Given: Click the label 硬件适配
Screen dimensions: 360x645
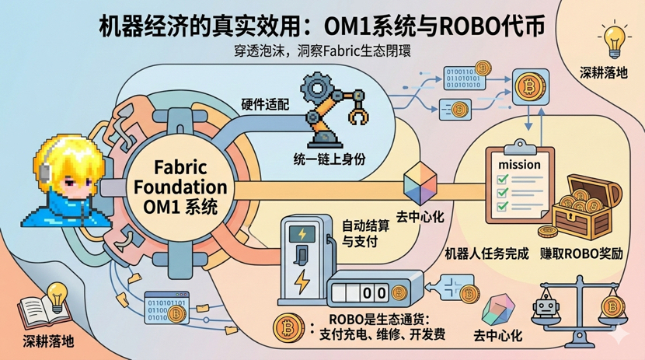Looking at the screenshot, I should (x=266, y=104).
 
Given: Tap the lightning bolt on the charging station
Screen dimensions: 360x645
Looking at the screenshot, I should (x=302, y=280).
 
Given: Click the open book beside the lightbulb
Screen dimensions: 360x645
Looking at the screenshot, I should (x=40, y=312).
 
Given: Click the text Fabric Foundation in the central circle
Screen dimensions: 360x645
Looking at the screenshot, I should (x=180, y=178).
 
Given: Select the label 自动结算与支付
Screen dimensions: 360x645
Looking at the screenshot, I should (x=364, y=233).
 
